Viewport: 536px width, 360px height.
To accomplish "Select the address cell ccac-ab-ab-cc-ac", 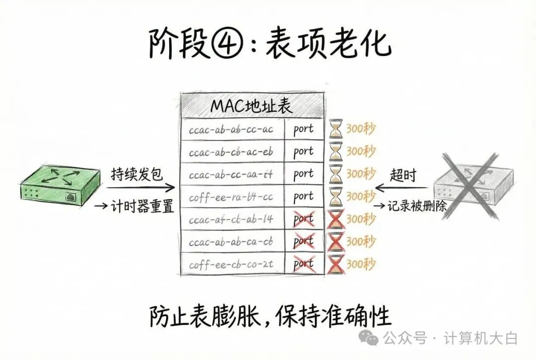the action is point(231,130).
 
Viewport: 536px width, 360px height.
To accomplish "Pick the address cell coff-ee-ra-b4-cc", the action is point(231,197).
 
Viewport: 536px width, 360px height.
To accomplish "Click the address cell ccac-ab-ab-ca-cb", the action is point(231,242).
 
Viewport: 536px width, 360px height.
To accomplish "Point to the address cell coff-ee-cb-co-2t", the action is point(231,264).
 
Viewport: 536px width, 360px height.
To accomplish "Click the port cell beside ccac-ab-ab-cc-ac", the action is point(303,129).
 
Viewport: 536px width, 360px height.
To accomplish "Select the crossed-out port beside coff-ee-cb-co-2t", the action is point(303,264).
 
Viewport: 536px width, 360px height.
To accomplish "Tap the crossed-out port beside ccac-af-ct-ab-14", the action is point(303,219).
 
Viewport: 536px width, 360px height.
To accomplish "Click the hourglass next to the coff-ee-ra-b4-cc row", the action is point(336,197).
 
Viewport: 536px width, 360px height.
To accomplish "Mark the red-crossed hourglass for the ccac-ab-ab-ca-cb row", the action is point(336,242).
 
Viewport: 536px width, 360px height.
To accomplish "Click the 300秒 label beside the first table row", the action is point(361,129).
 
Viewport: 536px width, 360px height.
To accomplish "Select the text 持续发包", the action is point(136,176).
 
